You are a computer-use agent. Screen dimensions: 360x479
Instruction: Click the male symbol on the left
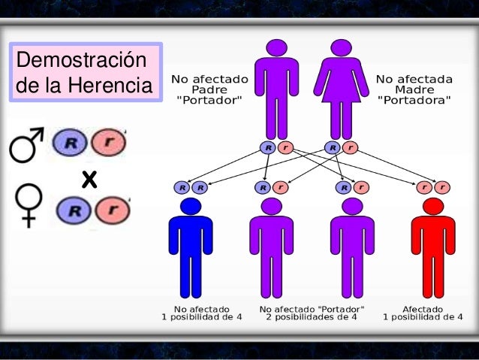pyautogui.click(x=26, y=144)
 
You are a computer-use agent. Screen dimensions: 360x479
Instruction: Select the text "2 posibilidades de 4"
pyautogui.click(x=312, y=318)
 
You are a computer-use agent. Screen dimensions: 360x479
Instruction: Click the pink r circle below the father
pyautogui.click(x=284, y=147)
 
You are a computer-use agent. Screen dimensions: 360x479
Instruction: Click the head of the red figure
pyautogui.click(x=433, y=205)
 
